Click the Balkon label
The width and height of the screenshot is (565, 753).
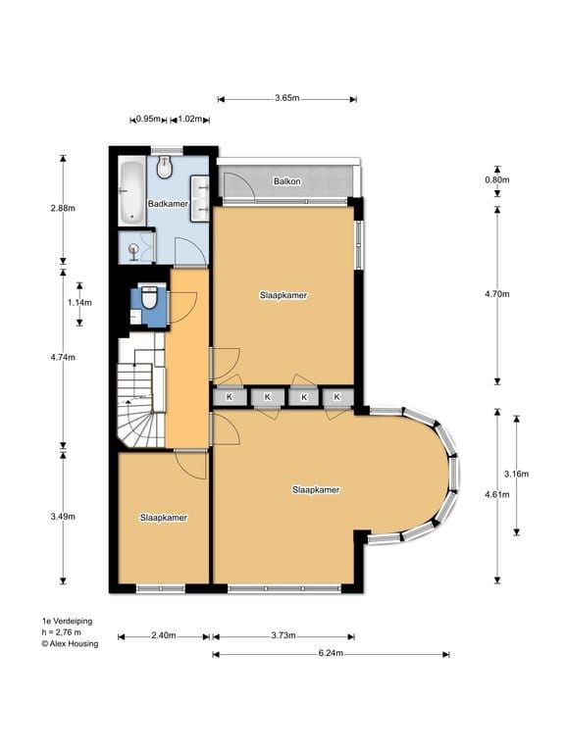click(286, 181)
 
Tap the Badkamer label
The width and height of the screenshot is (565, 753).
click(168, 204)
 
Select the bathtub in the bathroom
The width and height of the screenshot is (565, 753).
click(131, 192)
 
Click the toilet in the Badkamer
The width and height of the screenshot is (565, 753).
click(165, 166)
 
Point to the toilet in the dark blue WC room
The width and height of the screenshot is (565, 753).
click(149, 298)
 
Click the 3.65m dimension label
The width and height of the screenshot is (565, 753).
click(287, 98)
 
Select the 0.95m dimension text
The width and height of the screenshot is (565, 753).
click(148, 119)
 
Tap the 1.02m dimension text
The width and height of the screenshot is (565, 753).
click(190, 119)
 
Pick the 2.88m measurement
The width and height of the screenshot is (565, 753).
click(63, 209)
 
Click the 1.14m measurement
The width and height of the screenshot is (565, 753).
click(79, 303)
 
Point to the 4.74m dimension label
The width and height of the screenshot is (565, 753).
click(63, 357)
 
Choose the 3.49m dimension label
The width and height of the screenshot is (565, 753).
click(63, 517)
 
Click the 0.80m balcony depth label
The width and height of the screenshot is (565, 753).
click(497, 180)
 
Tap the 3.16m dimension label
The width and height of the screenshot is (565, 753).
click(517, 474)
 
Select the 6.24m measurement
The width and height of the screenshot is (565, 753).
click(331, 653)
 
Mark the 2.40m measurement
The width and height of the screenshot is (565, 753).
click(164, 635)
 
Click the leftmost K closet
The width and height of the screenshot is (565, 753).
click(230, 397)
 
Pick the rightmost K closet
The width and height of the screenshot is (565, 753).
click(337, 397)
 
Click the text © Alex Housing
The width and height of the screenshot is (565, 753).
click(70, 643)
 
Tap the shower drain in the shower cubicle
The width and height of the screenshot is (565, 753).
click(133, 249)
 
